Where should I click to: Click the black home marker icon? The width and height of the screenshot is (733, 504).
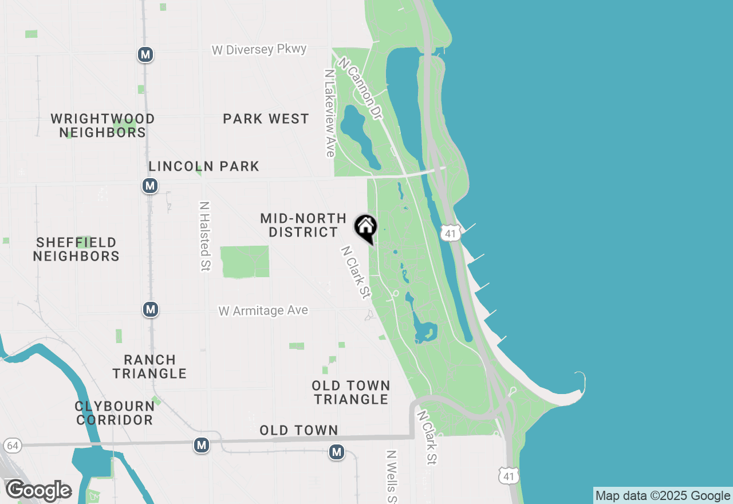tap(365, 227)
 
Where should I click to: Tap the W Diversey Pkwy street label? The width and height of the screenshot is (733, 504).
tap(259, 50)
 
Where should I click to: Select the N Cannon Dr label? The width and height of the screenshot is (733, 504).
tap(360, 88)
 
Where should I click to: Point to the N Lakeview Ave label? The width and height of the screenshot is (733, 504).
tap(329, 113)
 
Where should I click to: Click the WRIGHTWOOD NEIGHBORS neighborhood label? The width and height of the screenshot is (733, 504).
tap(103, 125)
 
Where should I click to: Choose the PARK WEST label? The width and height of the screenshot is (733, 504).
tap(266, 119)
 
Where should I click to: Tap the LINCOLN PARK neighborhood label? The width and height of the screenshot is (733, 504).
tap(204, 166)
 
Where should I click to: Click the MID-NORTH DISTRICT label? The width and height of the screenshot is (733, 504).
tap(304, 225)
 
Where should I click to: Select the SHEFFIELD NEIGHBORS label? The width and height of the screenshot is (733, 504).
tap(76, 249)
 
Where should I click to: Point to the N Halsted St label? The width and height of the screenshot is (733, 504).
tap(204, 236)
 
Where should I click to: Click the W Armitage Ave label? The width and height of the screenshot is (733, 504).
tap(263, 310)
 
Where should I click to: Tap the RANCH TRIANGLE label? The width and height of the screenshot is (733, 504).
tap(149, 367)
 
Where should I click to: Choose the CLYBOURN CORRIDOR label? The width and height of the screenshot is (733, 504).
tap(115, 413)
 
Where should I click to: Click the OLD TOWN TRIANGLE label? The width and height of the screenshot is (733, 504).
tap(352, 392)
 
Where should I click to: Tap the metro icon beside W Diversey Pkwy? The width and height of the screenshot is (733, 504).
tap(145, 54)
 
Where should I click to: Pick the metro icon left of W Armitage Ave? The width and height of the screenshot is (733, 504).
tap(150, 309)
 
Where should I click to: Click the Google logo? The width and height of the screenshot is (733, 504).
tap(38, 491)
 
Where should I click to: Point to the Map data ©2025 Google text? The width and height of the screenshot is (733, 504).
tap(663, 495)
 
